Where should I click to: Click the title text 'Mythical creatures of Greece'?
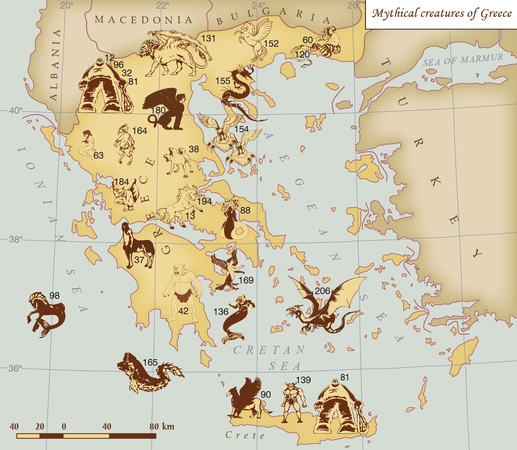coord(442,14)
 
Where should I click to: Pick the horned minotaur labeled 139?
coord(292,402)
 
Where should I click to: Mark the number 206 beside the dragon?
coord(322,291)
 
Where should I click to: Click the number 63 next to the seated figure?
coord(98,155)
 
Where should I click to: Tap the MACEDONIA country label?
coord(143,19)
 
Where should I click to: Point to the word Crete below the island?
coord(245,435)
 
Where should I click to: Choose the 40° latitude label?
coord(16,110)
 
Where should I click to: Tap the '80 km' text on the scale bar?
coord(161,426)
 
